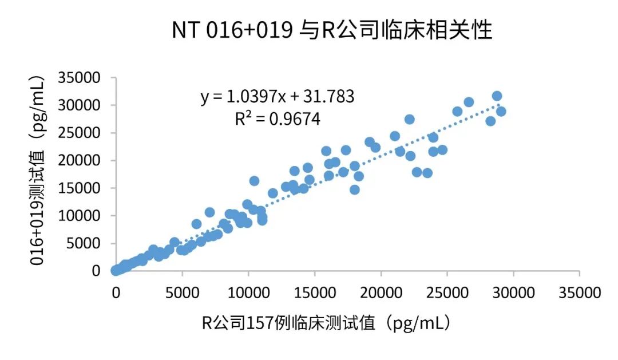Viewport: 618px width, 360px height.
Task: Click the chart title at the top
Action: coord(332,30)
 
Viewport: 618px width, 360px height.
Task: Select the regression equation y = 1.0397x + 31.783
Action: coord(278,97)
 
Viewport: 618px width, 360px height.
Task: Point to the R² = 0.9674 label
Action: coord(278,119)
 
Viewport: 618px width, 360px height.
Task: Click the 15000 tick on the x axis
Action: coord(314,292)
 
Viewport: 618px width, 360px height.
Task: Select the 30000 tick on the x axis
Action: coord(513,292)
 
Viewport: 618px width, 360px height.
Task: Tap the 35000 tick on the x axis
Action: coord(579,292)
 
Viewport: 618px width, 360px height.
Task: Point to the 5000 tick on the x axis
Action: coord(182,292)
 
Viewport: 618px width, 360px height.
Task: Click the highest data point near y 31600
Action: coord(497,96)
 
